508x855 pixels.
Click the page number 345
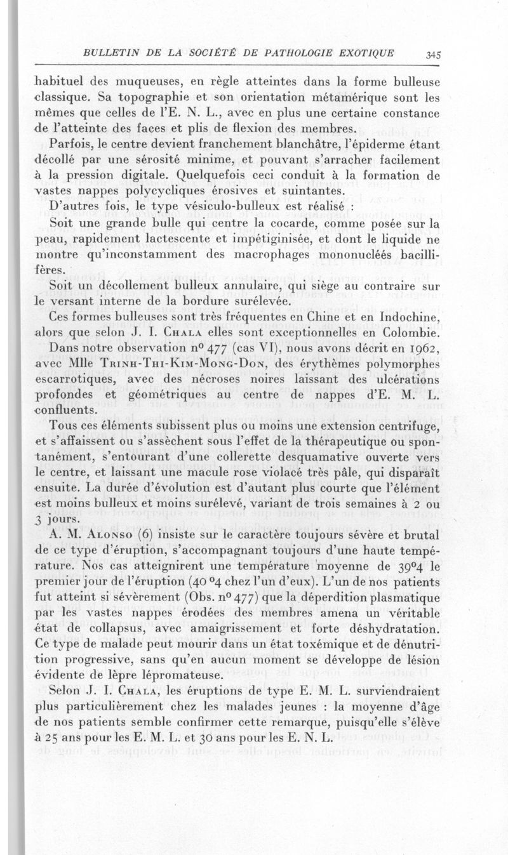(434, 55)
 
